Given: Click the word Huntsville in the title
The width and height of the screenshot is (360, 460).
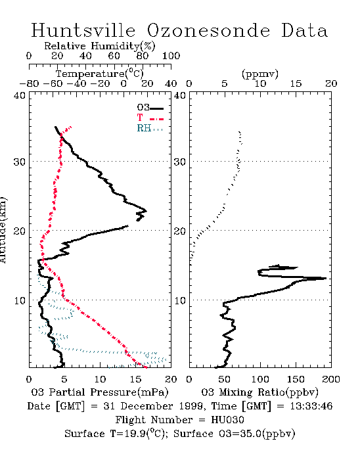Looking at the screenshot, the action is [83, 30].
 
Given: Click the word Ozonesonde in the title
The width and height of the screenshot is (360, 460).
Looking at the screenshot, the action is [208, 30].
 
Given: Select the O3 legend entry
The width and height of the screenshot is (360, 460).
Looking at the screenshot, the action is [150, 108].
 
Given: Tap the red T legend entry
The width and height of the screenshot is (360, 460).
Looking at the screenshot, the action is [150, 118].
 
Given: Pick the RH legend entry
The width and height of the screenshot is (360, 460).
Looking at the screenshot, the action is [150, 128].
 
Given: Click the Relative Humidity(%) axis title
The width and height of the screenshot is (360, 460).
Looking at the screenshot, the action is [100, 46].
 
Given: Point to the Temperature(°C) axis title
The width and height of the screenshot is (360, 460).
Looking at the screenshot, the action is [100, 74].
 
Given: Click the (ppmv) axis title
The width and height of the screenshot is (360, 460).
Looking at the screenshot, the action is [260, 74].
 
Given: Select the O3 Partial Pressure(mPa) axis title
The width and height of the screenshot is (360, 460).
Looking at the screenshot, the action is [100, 392].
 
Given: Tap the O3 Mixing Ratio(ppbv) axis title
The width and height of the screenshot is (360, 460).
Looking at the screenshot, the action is [259, 392].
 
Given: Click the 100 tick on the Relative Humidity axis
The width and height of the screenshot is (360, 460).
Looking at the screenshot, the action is [171, 56].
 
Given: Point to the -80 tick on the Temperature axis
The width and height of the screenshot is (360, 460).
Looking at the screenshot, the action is [29, 83].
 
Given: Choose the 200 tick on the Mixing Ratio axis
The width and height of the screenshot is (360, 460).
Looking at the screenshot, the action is [331, 379].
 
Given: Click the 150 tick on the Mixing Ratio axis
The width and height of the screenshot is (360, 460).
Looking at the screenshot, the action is [296, 379].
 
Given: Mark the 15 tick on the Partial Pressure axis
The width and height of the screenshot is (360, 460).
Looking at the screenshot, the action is [135, 379].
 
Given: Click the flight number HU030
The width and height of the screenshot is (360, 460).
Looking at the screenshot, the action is [227, 420].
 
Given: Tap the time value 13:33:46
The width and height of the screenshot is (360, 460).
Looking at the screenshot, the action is [311, 406].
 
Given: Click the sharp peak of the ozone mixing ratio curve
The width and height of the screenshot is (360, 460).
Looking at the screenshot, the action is [326, 278].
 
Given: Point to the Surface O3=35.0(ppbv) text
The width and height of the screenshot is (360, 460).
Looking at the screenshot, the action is [235, 434].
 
